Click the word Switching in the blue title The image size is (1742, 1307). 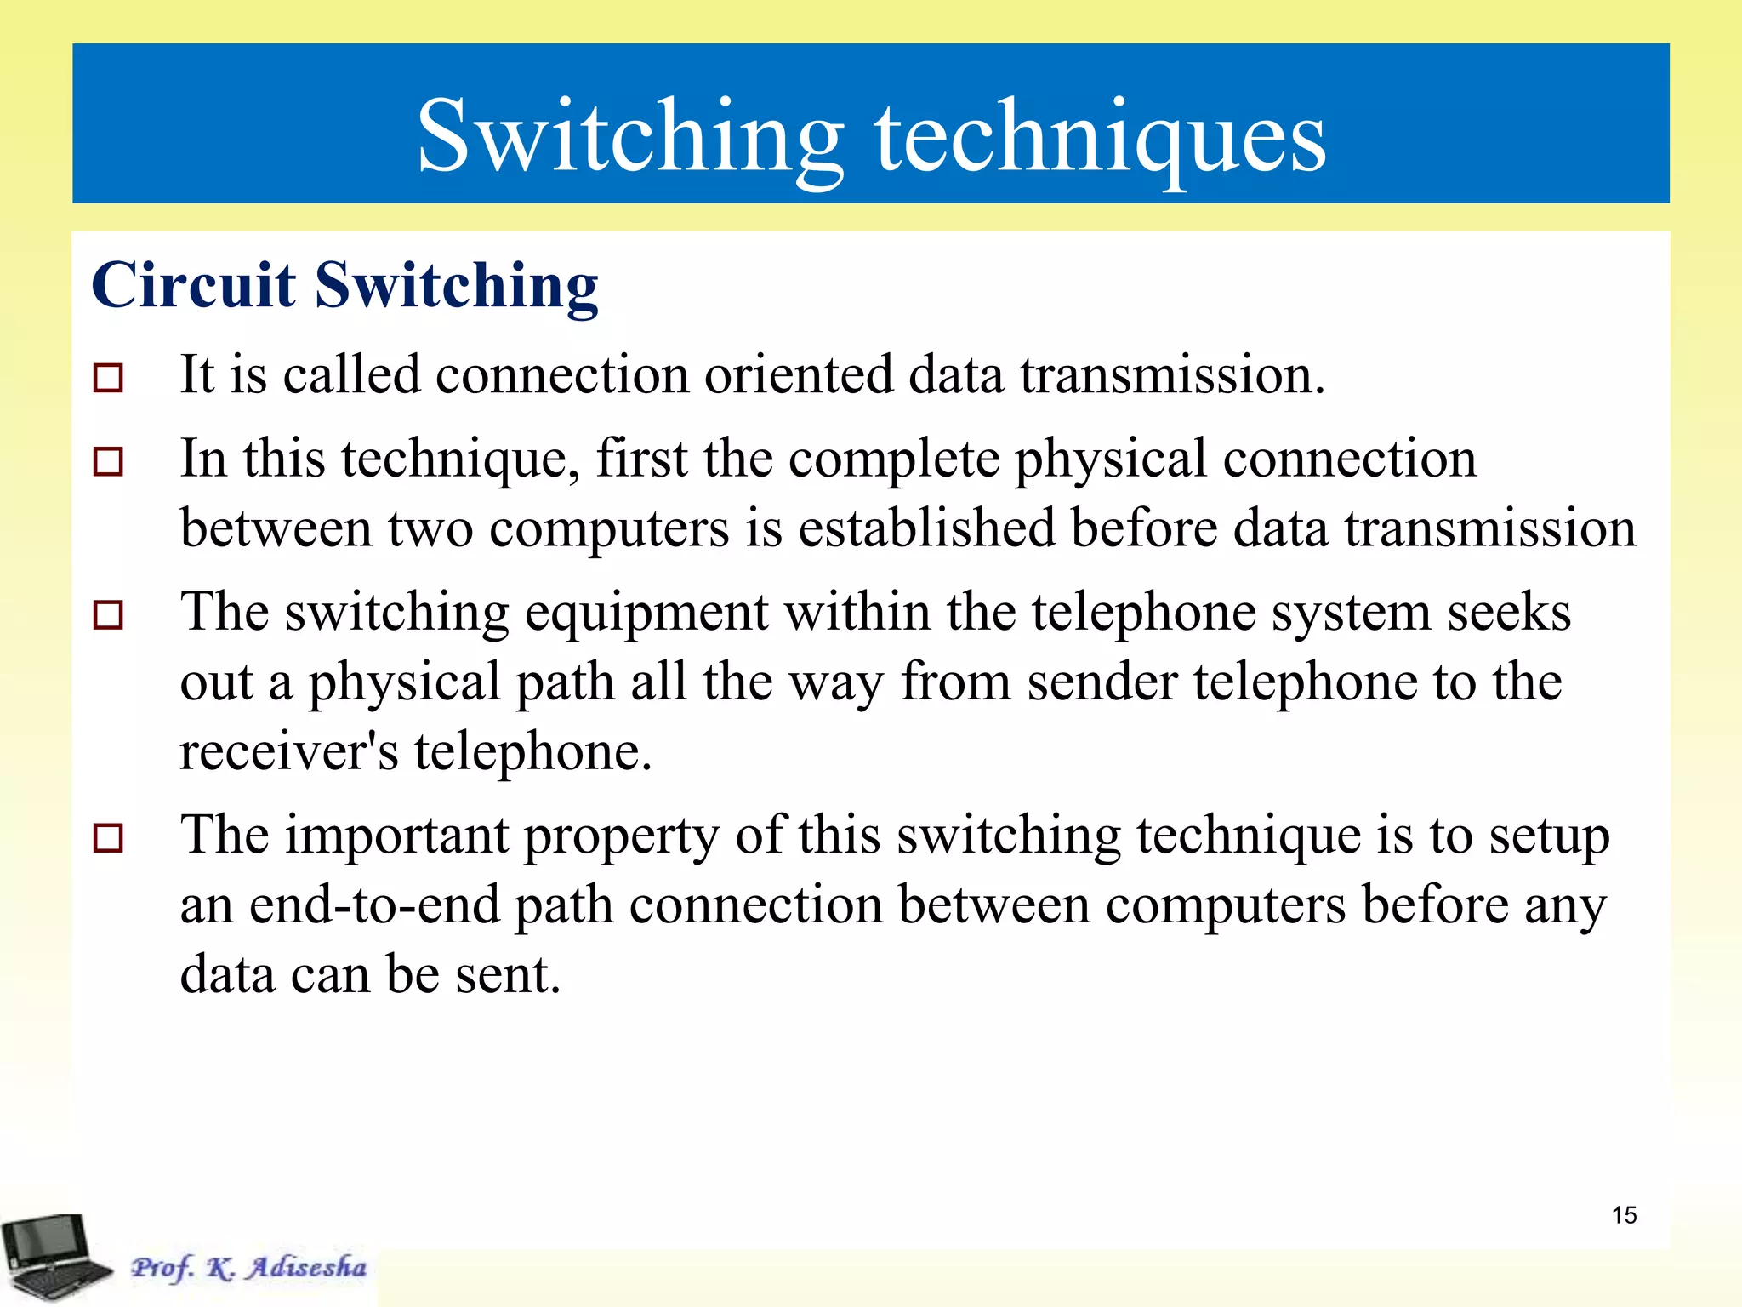click(629, 136)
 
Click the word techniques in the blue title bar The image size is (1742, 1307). click(1101, 136)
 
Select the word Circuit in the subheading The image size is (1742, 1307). click(194, 285)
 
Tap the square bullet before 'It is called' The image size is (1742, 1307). click(108, 377)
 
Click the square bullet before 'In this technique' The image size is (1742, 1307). click(108, 461)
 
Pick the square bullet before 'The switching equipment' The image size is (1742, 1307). click(108, 614)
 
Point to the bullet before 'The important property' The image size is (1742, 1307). click(108, 837)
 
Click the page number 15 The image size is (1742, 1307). click(1624, 1215)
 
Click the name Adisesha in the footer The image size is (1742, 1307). click(306, 1267)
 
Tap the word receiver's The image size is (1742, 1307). click(288, 752)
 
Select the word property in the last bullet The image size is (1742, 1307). click(621, 837)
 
